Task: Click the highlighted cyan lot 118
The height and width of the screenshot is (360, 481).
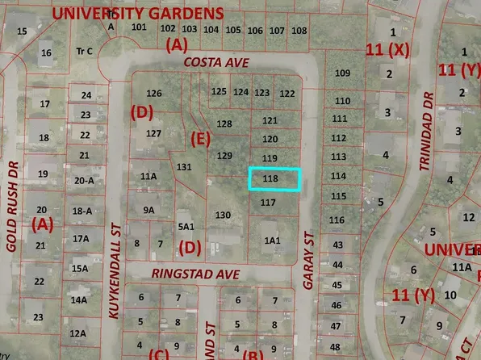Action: tap(274, 179)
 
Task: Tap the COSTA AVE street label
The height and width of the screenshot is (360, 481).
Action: tap(213, 62)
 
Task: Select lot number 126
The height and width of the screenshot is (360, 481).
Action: tap(154, 94)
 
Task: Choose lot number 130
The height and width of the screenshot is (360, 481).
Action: tap(223, 215)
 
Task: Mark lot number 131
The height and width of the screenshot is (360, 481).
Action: tap(185, 167)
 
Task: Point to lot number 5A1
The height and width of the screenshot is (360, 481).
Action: tap(186, 226)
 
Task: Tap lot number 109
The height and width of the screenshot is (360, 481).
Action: tap(342, 73)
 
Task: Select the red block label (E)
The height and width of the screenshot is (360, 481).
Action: tap(200, 139)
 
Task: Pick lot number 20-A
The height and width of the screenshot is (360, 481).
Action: tap(84, 181)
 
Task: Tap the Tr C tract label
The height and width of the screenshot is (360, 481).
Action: tap(84, 50)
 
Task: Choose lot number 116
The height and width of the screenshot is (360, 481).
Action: tap(337, 220)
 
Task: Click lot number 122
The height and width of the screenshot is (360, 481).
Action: tap(287, 94)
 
